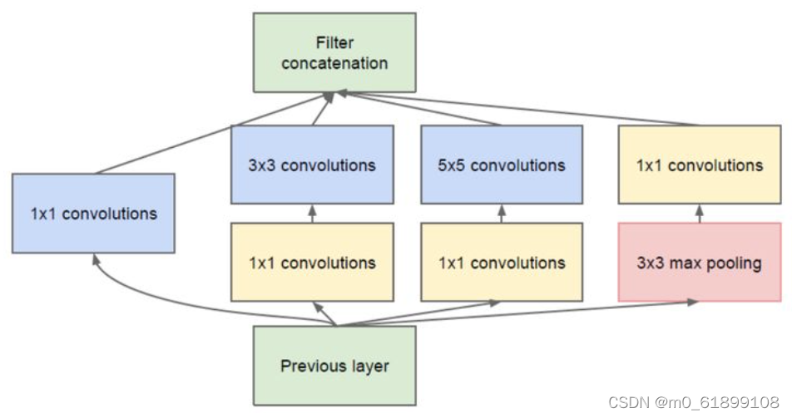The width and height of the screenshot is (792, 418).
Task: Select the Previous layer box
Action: pyautogui.click(x=334, y=365)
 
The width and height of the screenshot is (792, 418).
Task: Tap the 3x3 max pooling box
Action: pyautogui.click(x=699, y=263)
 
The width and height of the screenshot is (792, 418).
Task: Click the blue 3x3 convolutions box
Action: pyautogui.click(x=312, y=165)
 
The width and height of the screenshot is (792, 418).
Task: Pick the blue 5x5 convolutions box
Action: pyautogui.click(x=502, y=165)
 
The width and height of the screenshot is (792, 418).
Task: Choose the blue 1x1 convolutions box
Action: pyautogui.click(x=93, y=213)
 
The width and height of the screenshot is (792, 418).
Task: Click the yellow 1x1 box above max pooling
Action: pyautogui.click(x=699, y=165)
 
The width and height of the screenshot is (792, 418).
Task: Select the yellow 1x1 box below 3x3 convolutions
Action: pyautogui.click(x=312, y=263)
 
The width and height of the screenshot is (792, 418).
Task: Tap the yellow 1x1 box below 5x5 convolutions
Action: pyautogui.click(x=502, y=263)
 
